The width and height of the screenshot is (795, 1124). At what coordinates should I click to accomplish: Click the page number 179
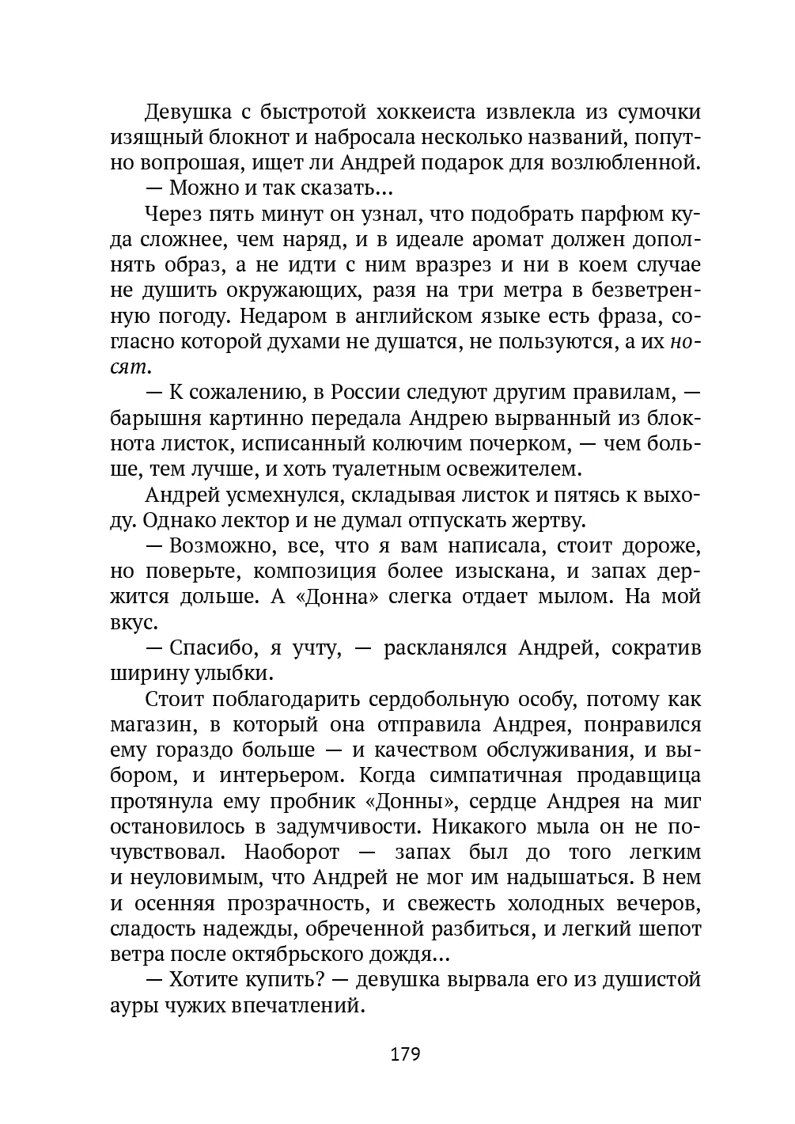coord(404,1054)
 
